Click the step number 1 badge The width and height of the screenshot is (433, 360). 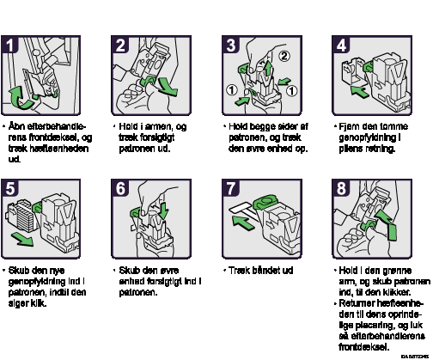point(9,45)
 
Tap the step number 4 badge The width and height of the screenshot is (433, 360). point(341,45)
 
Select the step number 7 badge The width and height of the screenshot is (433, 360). point(230,188)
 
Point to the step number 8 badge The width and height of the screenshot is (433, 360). point(341,188)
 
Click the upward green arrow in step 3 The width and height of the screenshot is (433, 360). point(268,68)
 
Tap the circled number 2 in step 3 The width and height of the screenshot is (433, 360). point(284,56)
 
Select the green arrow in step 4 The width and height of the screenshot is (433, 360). point(359,91)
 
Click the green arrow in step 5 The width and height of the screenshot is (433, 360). point(22,239)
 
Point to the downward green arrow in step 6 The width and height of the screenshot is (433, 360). point(163,211)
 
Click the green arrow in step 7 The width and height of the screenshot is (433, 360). point(243,223)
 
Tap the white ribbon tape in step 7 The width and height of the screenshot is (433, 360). point(242,207)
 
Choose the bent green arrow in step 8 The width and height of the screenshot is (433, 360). point(387,223)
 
